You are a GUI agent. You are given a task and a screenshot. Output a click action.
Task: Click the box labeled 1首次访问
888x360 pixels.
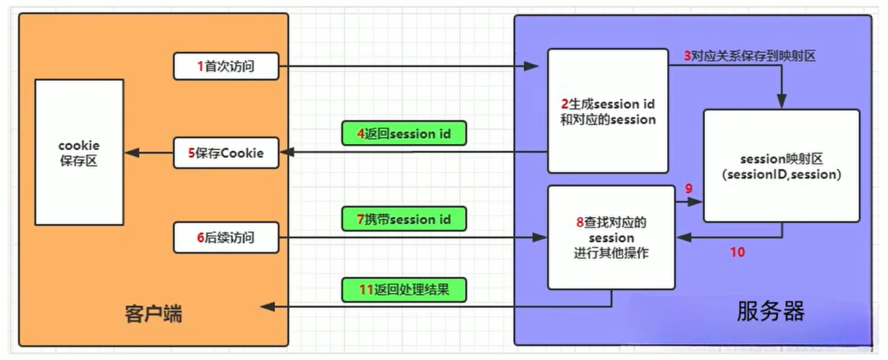[x=226, y=66]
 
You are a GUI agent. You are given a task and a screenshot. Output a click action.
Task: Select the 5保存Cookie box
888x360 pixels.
[x=226, y=153]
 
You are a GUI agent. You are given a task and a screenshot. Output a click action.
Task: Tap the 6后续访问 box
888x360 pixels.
[x=226, y=237]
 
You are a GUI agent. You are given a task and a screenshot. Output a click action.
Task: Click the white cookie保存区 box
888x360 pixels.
[x=79, y=152]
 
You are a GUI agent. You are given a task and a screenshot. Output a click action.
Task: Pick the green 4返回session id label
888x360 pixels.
[x=404, y=134]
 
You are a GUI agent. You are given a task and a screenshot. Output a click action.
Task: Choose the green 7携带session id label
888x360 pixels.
[x=404, y=219]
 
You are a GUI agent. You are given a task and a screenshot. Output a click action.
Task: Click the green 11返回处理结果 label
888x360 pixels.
[x=404, y=290]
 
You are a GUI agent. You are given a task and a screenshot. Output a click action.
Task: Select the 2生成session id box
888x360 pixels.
[x=608, y=111]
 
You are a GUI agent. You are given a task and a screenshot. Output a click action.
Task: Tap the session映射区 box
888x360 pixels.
[x=781, y=166]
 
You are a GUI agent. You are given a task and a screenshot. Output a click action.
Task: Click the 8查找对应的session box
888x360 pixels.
[x=611, y=237]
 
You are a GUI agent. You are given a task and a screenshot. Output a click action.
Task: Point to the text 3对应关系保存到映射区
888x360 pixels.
[x=749, y=56]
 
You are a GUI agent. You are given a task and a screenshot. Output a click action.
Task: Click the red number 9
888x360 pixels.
[x=688, y=189]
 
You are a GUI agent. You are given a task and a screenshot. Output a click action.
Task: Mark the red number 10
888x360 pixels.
[x=737, y=252]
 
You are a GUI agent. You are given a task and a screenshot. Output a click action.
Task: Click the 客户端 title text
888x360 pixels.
[x=153, y=314]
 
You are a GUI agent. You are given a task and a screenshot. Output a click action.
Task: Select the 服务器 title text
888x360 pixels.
[x=770, y=311]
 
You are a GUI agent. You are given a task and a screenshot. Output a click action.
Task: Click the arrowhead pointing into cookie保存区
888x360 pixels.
[x=132, y=152]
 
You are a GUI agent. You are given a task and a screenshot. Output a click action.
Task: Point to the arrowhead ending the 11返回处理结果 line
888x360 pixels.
[x=268, y=307]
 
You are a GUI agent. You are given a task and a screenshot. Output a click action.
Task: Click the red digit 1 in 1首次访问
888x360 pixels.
[x=200, y=66]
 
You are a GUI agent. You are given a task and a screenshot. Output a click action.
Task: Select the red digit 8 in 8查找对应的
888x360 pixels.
[x=580, y=222]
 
